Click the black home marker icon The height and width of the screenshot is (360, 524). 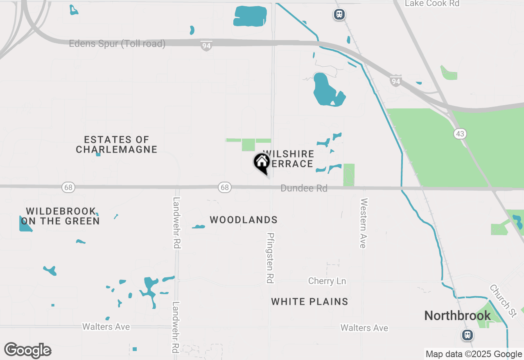(x=262, y=163)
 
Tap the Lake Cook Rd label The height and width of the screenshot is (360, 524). (x=432, y=4)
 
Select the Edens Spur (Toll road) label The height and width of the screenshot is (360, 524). (x=117, y=44)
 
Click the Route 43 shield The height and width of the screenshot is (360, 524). (x=460, y=134)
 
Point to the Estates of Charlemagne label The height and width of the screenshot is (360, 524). (x=117, y=145)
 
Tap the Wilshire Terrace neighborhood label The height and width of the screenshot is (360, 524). (x=289, y=159)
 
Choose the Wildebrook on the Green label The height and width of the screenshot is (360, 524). (x=61, y=216)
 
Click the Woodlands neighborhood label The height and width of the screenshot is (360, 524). (x=244, y=220)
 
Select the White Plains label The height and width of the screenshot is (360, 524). (x=309, y=302)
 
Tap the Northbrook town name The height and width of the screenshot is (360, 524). (x=457, y=315)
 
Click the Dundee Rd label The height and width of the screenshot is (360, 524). (x=304, y=189)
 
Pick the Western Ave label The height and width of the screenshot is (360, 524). (x=363, y=223)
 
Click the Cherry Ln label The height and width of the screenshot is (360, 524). (x=327, y=281)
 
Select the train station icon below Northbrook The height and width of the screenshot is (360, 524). (x=467, y=335)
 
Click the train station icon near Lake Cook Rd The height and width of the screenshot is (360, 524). (x=339, y=15)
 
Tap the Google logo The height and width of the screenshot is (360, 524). (x=27, y=350)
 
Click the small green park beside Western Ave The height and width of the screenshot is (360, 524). (x=349, y=175)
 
